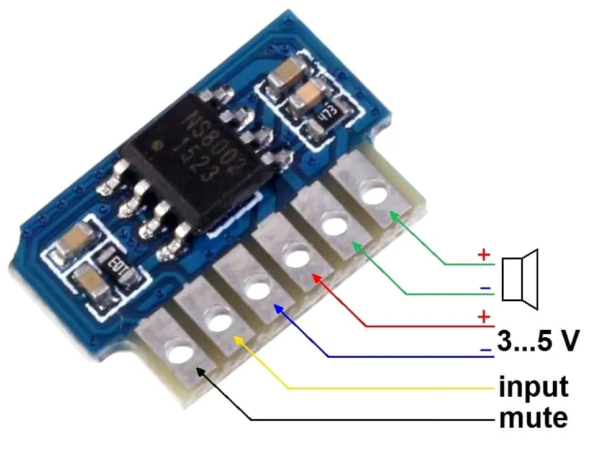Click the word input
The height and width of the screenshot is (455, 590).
(x=533, y=387)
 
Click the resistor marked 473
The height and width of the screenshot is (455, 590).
(x=325, y=115)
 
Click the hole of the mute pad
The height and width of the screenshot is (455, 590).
(x=181, y=354)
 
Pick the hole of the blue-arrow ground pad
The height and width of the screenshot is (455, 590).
(x=256, y=288)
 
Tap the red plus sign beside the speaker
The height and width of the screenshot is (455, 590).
(x=483, y=254)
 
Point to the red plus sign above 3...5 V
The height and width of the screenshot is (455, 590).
(x=484, y=317)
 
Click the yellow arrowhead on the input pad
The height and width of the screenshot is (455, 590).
(x=237, y=338)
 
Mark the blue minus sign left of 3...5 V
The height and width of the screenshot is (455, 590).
(x=485, y=350)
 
